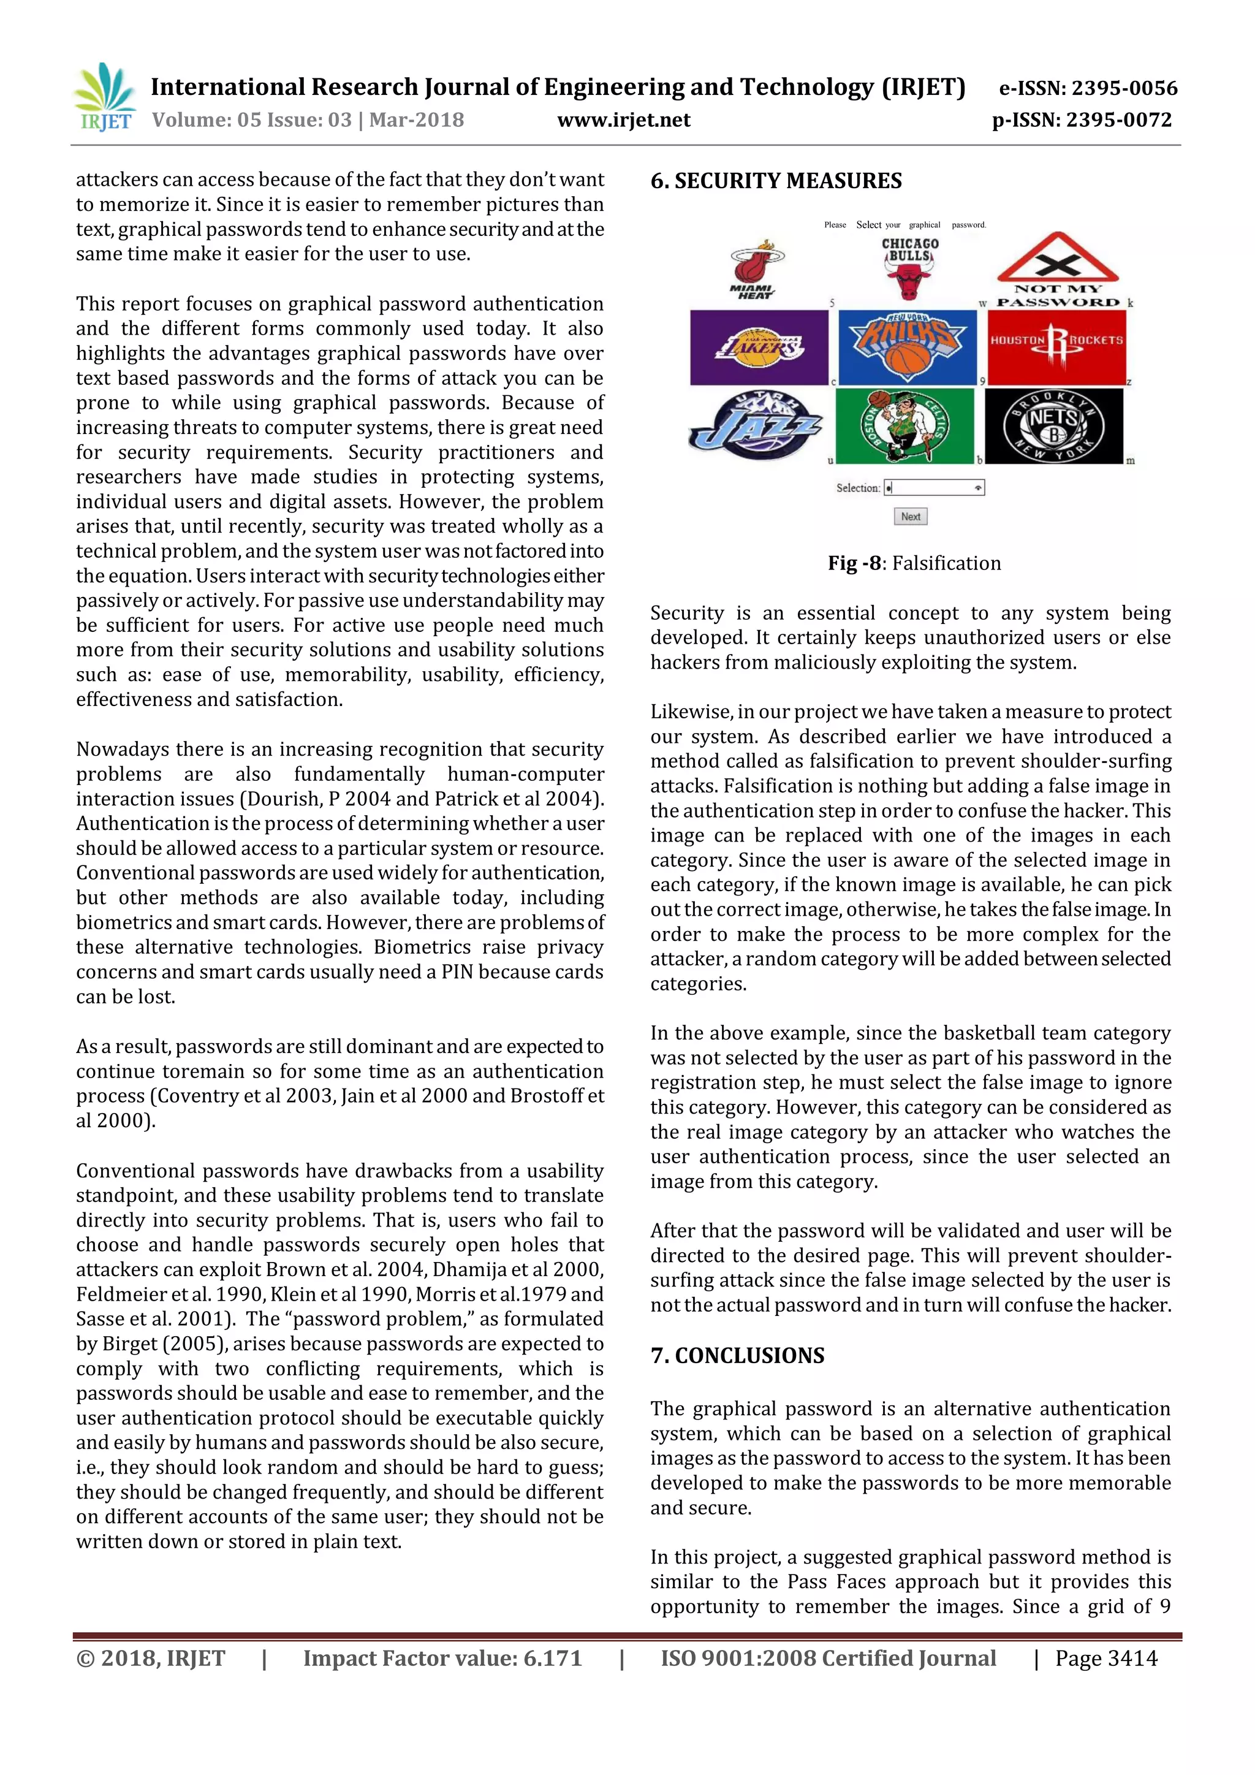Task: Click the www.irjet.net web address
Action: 624,121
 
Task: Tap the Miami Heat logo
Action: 755,268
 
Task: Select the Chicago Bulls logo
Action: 909,267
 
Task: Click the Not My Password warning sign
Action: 1057,270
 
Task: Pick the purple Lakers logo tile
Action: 759,347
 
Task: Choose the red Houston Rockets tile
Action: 1056,347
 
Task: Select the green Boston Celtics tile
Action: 905,426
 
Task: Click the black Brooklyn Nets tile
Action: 1053,426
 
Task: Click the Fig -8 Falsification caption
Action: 914,563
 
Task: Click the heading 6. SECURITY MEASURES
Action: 776,181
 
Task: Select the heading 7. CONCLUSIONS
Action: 737,1355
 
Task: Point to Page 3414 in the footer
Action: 1106,1659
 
